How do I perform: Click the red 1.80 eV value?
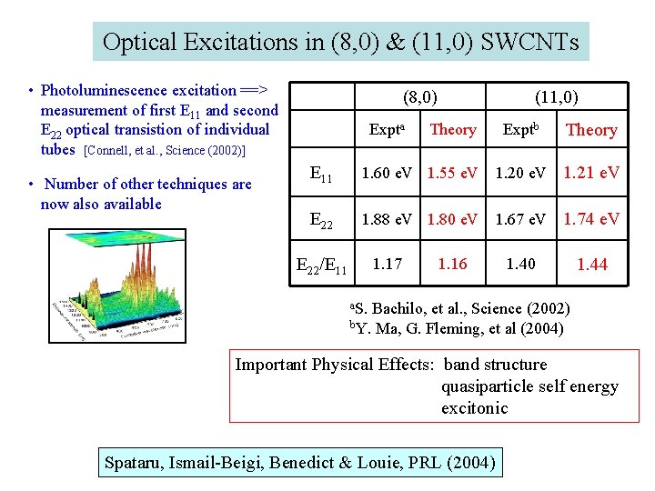coord(453,219)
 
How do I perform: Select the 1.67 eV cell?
coord(521,219)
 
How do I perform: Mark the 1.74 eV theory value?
coord(591,219)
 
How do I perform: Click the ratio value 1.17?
coord(388,265)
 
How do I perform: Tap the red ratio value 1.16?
coord(453,265)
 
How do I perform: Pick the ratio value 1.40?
coord(521,265)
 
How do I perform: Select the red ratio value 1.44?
coord(591,265)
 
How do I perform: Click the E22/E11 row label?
coord(321,266)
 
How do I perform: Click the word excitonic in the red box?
coord(475,408)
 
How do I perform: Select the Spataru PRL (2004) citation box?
coord(300,464)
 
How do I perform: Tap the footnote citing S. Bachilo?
coord(461,309)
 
